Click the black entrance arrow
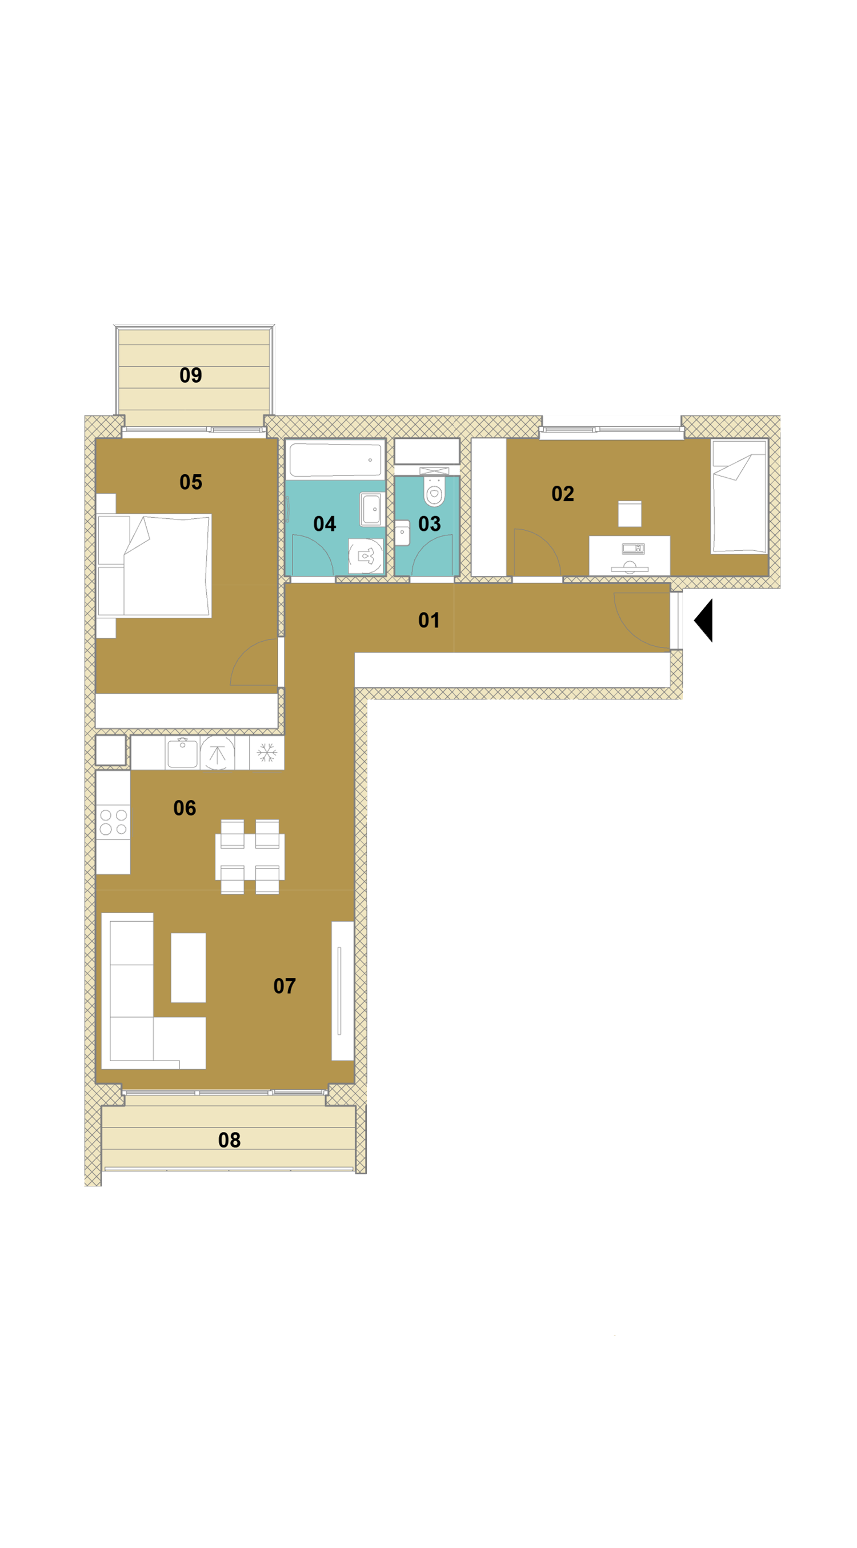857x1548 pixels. click(x=704, y=620)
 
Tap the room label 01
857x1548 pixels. click(x=429, y=620)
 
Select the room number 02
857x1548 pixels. click(x=563, y=493)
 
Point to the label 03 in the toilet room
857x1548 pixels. click(x=429, y=523)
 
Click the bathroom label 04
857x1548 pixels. click(x=325, y=523)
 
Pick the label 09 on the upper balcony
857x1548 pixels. click(x=190, y=375)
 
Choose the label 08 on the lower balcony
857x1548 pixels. click(x=229, y=1140)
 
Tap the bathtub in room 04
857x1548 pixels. click(x=335, y=459)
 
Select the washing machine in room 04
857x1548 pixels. click(x=366, y=556)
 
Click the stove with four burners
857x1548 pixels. click(x=113, y=822)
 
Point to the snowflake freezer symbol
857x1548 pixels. click(x=267, y=753)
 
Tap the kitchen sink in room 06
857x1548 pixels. click(x=182, y=753)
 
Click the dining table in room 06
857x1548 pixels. click(x=250, y=857)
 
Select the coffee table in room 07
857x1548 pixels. click(x=188, y=967)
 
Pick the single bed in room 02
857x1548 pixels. click(x=739, y=497)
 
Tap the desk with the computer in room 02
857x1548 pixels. click(x=629, y=555)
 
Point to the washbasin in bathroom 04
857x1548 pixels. click(x=372, y=509)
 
